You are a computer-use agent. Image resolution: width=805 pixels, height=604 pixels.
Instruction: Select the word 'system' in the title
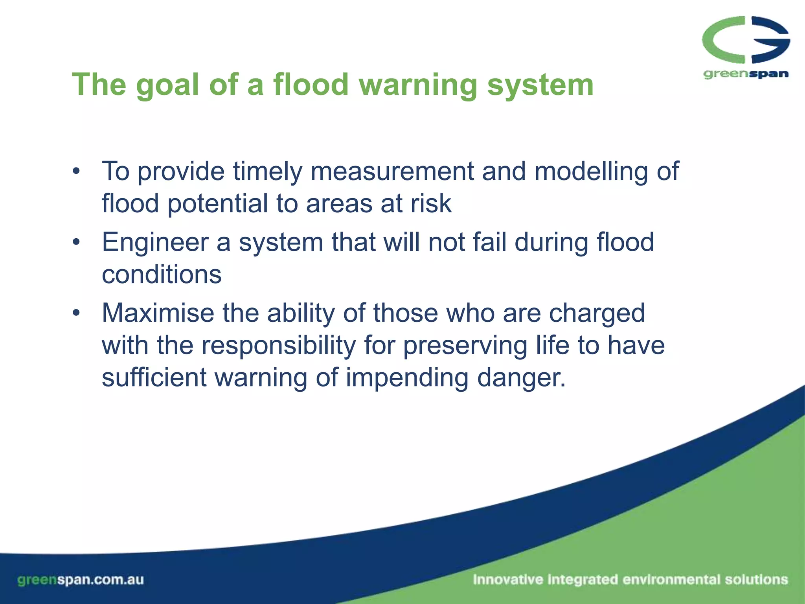point(540,86)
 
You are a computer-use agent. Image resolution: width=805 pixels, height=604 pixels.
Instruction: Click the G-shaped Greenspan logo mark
point(746,39)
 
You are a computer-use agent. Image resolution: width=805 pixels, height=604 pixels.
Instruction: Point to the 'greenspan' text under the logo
point(746,74)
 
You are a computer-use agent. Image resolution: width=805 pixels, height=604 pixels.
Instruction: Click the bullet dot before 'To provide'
point(76,171)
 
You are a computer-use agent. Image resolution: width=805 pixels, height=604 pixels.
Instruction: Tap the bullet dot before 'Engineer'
point(76,242)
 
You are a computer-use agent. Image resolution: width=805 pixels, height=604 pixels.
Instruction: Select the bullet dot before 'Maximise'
point(76,313)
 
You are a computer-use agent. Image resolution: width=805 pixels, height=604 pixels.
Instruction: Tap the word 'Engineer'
point(155,243)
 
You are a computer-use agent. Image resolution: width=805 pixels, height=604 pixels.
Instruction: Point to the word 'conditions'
point(162,274)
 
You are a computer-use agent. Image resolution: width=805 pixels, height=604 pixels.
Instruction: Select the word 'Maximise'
point(158,313)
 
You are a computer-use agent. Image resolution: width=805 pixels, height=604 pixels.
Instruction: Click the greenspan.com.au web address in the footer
point(81,580)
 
